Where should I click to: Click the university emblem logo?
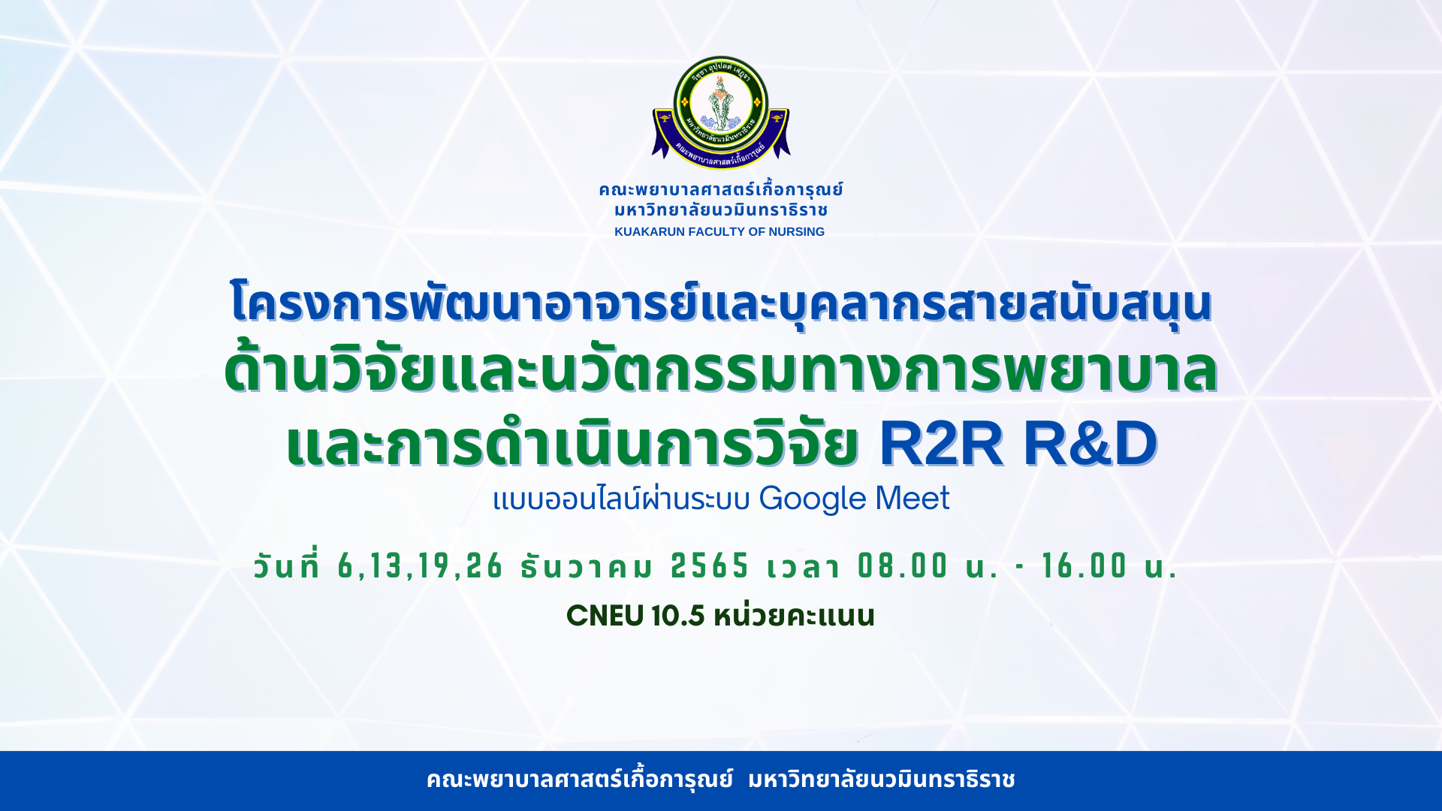tap(721, 112)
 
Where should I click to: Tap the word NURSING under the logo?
tap(796, 232)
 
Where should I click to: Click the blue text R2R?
tap(941, 444)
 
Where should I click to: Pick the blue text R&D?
tap(1091, 444)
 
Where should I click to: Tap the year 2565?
tap(710, 566)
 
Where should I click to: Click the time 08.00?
tap(903, 566)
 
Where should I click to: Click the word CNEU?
tap(605, 616)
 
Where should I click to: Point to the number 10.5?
tap(678, 616)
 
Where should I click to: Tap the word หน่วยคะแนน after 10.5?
tap(794, 615)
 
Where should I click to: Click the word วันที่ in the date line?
tap(287, 565)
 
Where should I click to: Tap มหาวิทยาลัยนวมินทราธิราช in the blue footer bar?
tap(882, 779)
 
